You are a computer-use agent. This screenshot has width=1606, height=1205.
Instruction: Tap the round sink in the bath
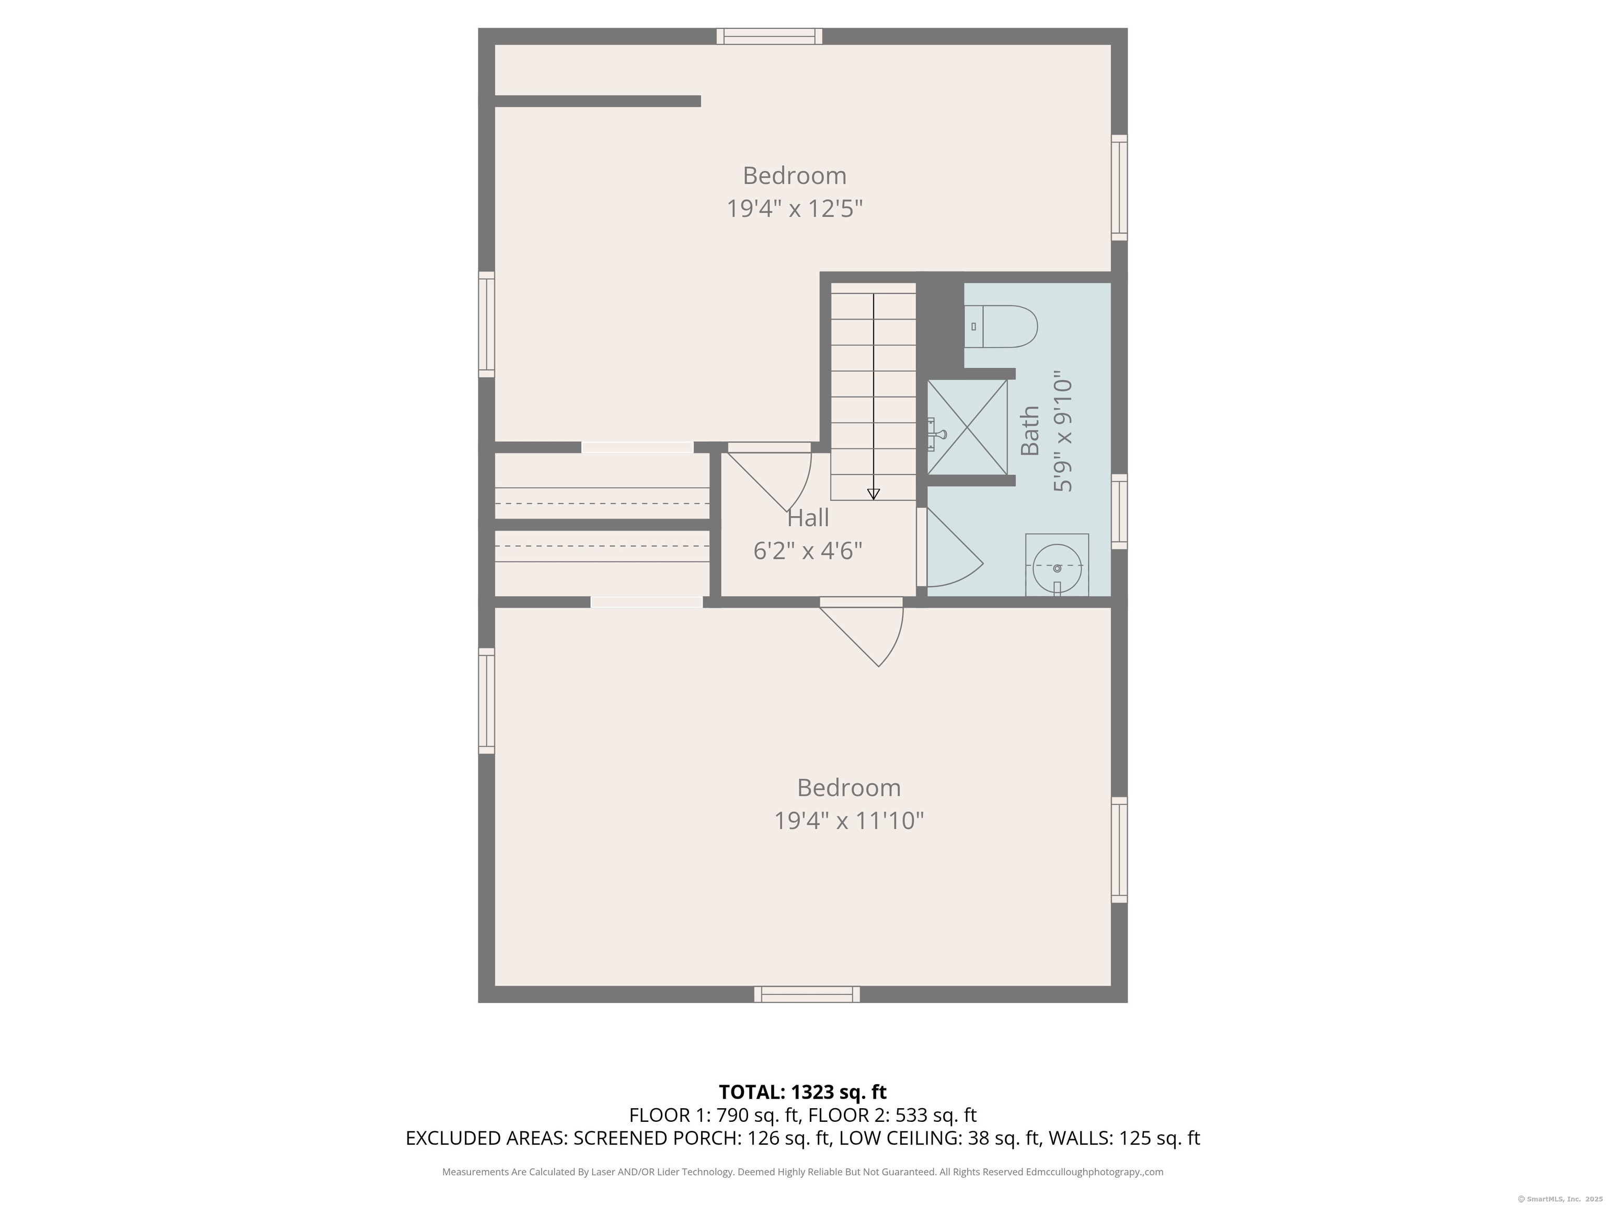coord(1057,566)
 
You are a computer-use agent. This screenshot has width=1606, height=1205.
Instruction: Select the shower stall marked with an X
coord(967,428)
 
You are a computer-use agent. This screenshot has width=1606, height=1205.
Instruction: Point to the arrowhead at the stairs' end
coord(874,494)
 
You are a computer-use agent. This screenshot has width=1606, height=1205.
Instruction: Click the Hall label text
coord(808,518)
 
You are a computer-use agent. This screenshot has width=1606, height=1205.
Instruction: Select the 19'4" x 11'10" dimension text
coord(848,821)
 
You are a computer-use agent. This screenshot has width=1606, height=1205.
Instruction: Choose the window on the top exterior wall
coord(769,36)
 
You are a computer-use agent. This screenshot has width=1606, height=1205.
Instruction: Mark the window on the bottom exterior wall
coord(807,994)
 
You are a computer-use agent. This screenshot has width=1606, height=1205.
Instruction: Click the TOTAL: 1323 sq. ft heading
coord(802,1092)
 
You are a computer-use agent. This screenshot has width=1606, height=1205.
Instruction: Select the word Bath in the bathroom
coord(1029,431)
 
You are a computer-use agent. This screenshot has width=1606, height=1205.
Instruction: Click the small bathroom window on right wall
coord(1120,511)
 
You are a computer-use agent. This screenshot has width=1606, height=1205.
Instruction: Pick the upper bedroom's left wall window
coord(486,324)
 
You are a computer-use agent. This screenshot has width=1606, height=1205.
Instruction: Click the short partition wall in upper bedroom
coord(598,101)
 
